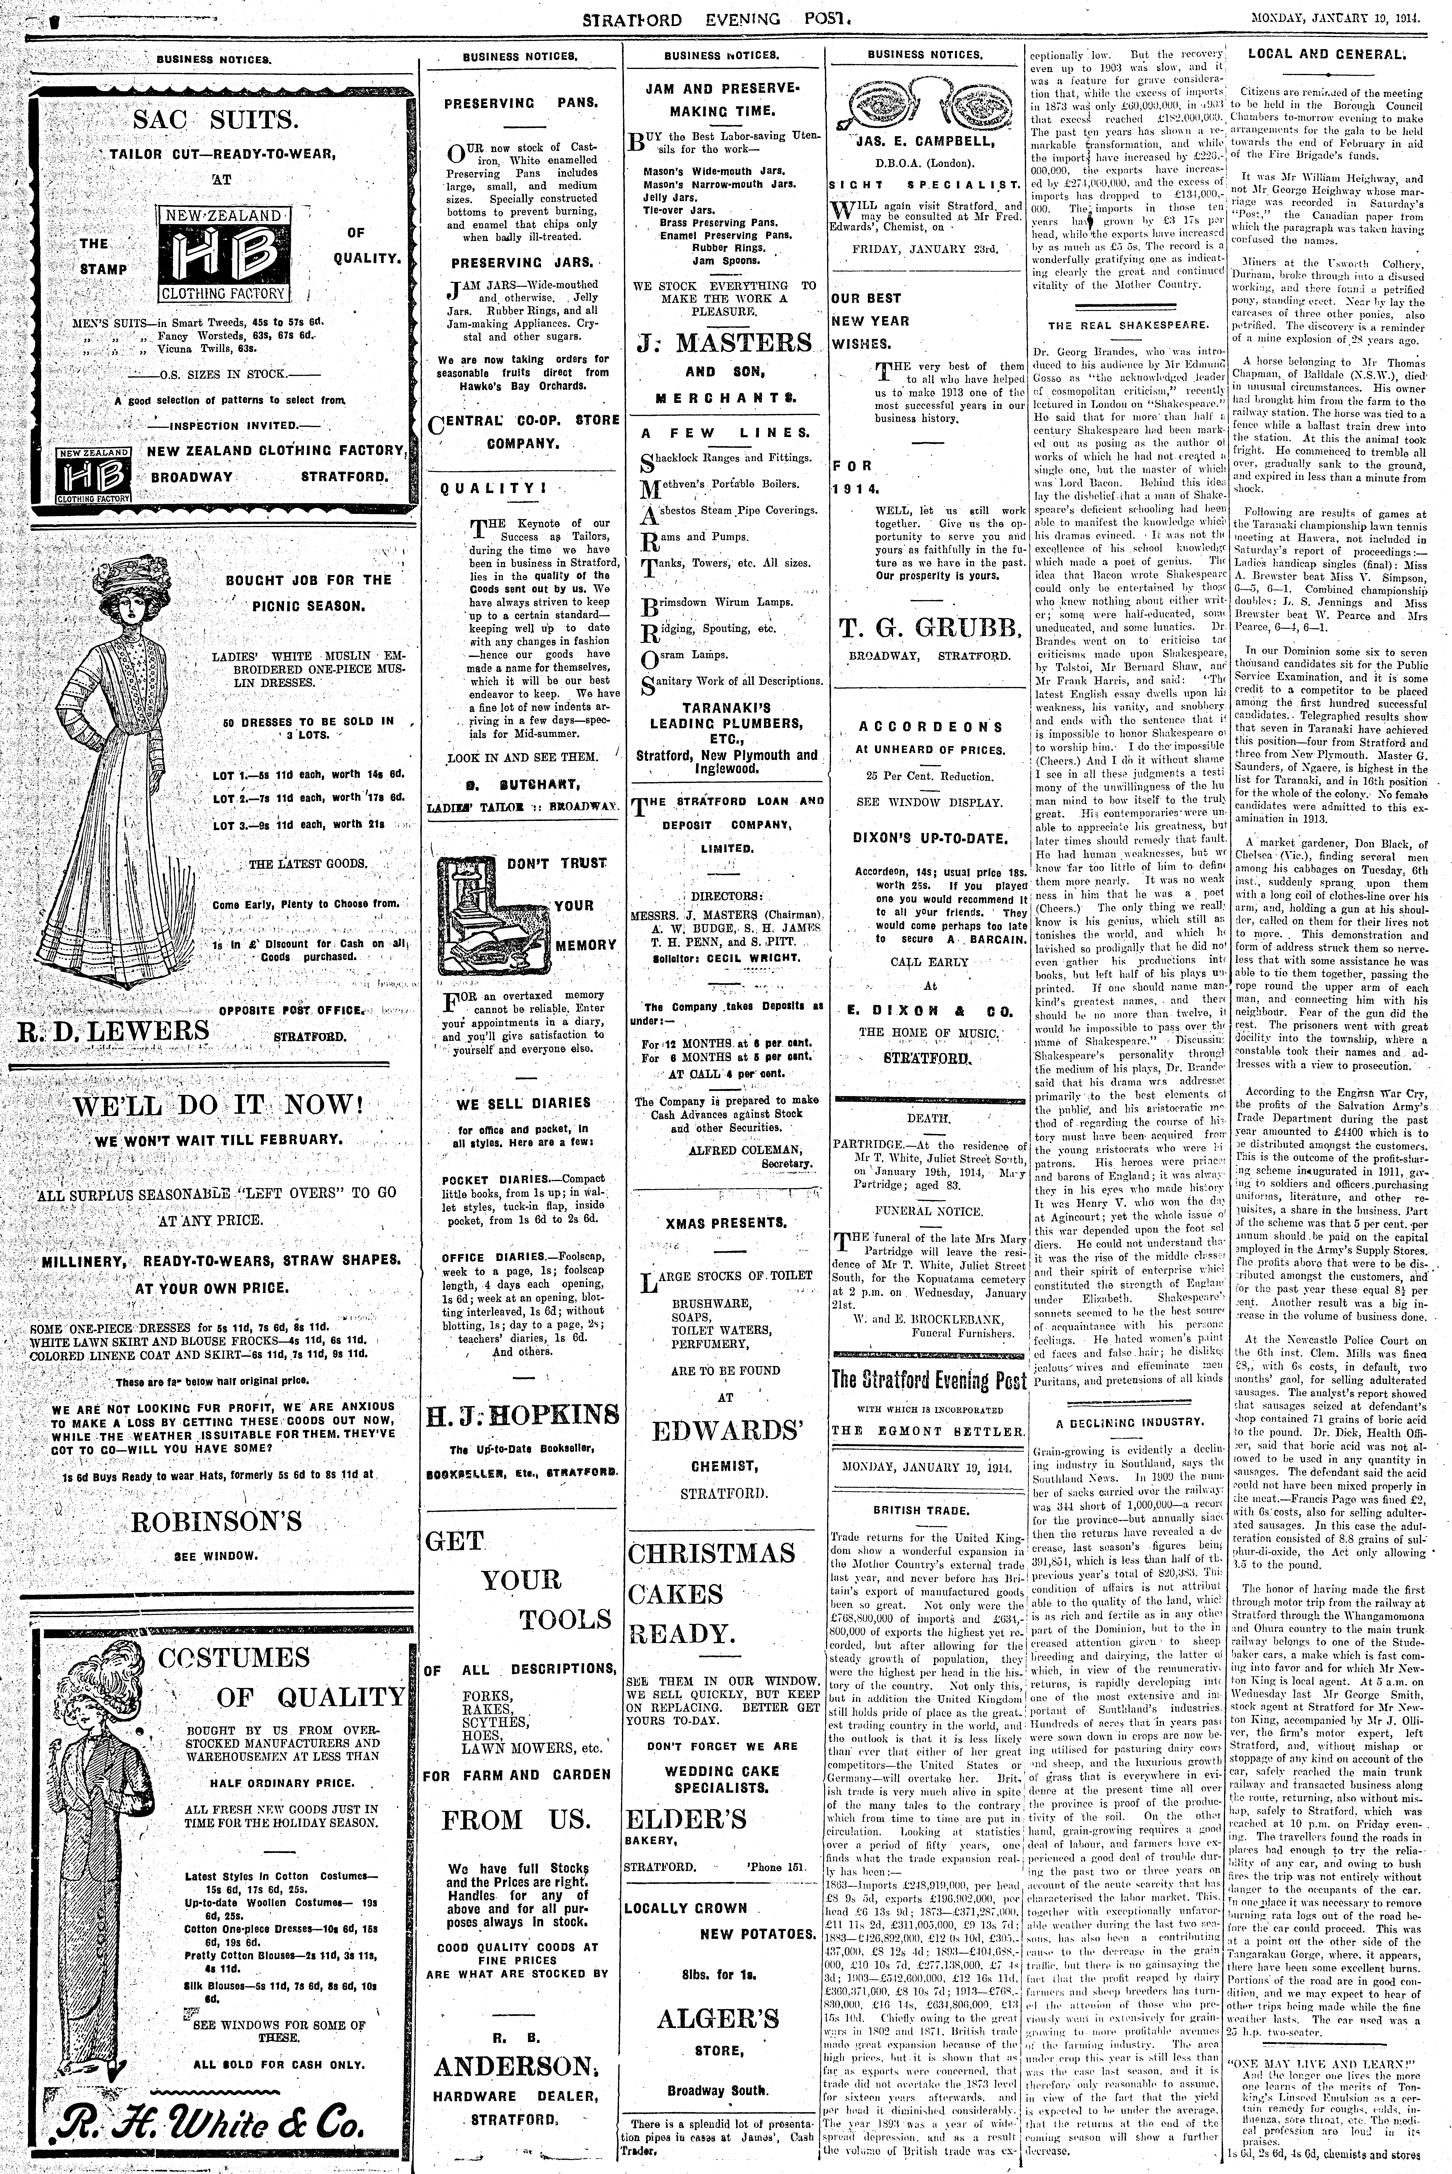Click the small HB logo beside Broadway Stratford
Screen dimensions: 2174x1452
[x=92, y=475]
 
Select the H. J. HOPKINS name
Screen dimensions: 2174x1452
[x=521, y=1415]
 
